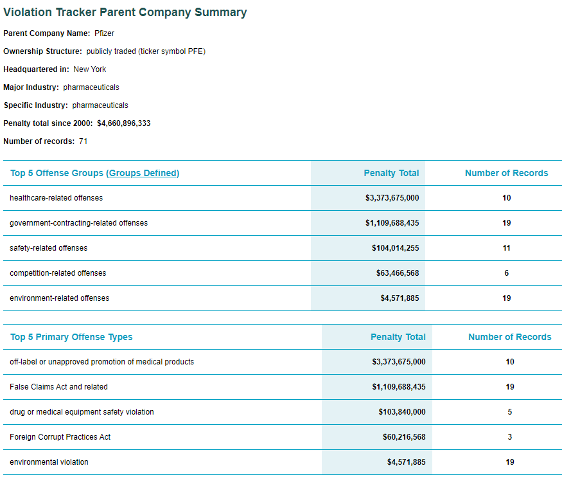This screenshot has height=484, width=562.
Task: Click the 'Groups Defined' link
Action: (x=143, y=173)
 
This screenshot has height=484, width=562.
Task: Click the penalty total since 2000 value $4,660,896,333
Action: (x=124, y=123)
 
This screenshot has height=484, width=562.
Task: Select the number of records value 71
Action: (x=83, y=141)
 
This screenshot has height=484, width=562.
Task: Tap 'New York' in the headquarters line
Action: (x=90, y=69)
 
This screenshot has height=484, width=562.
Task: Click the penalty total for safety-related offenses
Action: (x=395, y=248)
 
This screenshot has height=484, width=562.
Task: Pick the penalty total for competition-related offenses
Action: (x=398, y=273)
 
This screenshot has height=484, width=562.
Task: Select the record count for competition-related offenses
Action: (x=506, y=273)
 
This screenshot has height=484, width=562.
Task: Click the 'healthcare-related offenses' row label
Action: (x=56, y=198)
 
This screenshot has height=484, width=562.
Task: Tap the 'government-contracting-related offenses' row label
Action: (x=78, y=223)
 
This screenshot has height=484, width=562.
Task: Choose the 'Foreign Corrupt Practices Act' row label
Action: (x=60, y=437)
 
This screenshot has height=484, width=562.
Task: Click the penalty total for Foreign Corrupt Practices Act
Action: (x=404, y=437)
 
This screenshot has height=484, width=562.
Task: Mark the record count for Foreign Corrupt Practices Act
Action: (x=510, y=437)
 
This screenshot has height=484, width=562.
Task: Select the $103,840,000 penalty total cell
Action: (x=401, y=412)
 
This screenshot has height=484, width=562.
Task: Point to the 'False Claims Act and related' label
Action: (x=58, y=387)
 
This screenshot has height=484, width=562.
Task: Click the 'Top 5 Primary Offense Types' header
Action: (x=71, y=337)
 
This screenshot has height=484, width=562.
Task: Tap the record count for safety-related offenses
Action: (x=506, y=248)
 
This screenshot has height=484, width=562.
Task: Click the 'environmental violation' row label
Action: (x=49, y=462)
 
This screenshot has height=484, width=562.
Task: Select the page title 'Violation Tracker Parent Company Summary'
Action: (x=125, y=12)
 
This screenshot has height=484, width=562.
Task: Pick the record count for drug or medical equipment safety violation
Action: (x=510, y=412)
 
